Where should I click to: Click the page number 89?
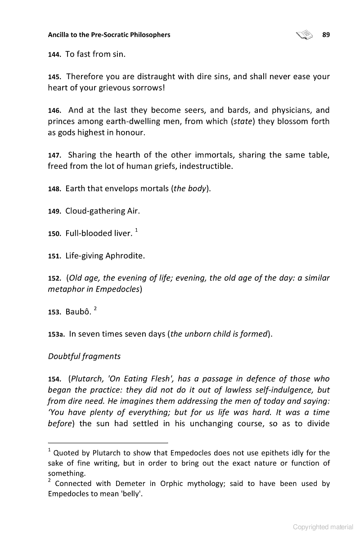(x=326, y=35)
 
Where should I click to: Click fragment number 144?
(x=54, y=55)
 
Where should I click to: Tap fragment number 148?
(x=54, y=189)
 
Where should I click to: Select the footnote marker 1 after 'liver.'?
(x=137, y=231)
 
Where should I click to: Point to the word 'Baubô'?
(x=77, y=312)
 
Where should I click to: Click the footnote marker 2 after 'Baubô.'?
(x=96, y=309)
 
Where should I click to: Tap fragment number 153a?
(x=56, y=334)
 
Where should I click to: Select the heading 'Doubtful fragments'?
(x=84, y=356)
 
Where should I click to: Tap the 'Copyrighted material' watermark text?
(x=323, y=527)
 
